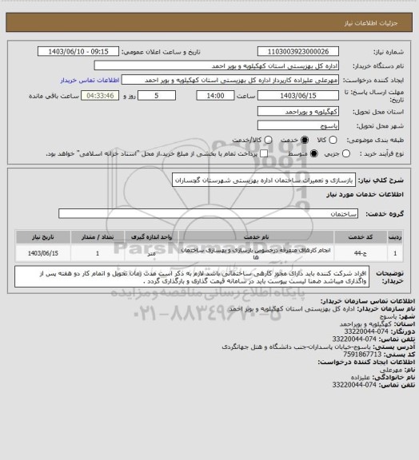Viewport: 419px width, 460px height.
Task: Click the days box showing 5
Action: click(155, 94)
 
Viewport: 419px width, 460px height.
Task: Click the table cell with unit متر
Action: click(150, 253)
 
